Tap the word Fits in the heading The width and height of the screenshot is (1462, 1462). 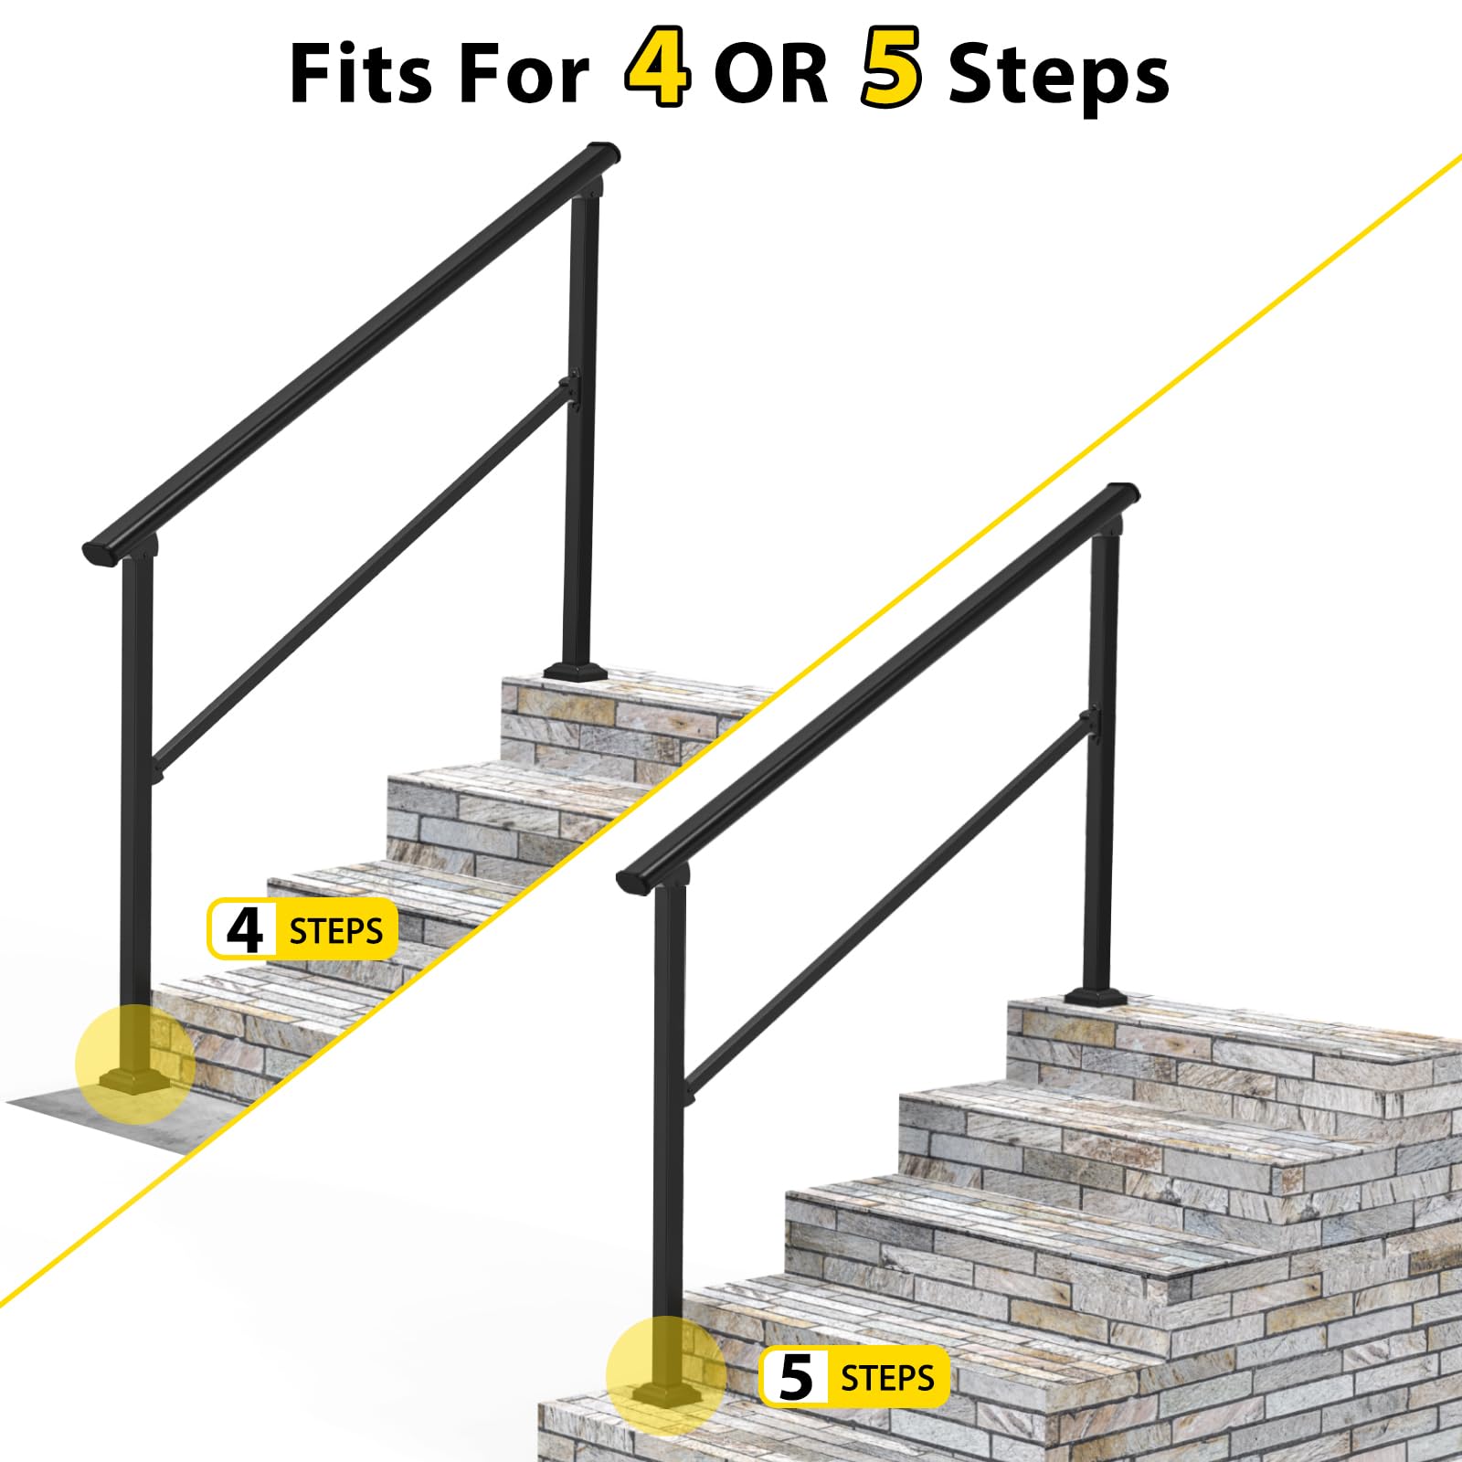click(360, 73)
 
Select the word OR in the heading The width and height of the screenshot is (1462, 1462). click(771, 73)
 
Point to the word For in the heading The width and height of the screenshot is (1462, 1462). click(524, 73)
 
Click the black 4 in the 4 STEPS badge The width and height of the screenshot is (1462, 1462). click(244, 930)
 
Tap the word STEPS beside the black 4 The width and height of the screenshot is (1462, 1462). click(335, 931)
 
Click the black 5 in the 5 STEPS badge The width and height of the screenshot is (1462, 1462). click(796, 1377)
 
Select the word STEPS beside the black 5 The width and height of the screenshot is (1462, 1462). click(887, 1377)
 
